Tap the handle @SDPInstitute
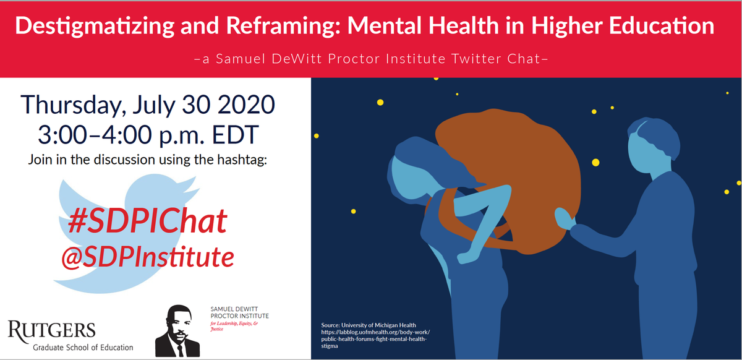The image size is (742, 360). click(147, 255)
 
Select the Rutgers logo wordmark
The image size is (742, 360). click(52, 330)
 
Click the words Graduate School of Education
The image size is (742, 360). click(83, 348)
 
